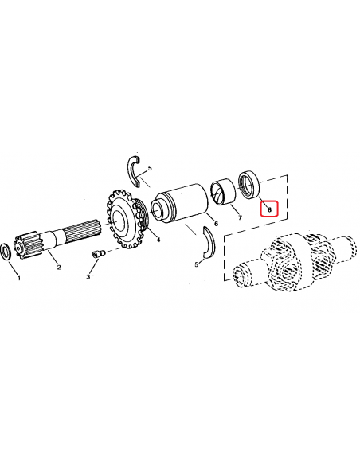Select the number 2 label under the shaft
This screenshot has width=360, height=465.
[58, 268]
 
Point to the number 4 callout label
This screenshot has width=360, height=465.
[158, 240]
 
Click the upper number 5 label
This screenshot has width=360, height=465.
[149, 168]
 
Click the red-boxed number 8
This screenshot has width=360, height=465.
[268, 210]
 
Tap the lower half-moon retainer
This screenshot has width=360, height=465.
[209, 244]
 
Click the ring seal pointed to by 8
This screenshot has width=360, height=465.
[249, 185]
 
